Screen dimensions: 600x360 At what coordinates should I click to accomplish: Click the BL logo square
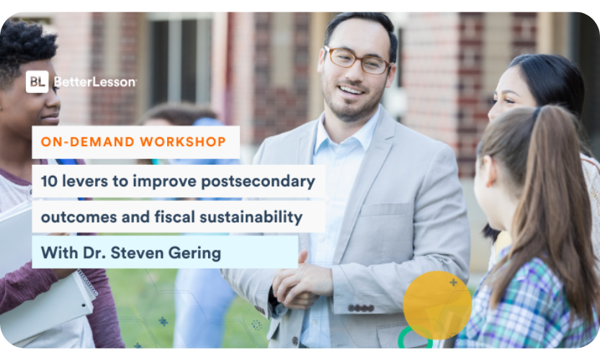[37, 81]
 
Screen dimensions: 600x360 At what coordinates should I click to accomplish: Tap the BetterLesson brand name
[95, 82]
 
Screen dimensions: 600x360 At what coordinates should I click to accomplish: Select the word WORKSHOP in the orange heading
[183, 142]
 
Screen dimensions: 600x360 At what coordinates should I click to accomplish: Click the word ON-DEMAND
[88, 142]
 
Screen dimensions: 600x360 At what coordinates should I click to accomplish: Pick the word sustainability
[251, 217]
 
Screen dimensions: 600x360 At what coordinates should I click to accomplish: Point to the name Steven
[137, 253]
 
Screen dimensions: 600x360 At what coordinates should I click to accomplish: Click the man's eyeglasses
[357, 60]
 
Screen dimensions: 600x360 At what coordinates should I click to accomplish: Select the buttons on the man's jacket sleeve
[361, 308]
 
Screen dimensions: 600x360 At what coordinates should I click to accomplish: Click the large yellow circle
[437, 305]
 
